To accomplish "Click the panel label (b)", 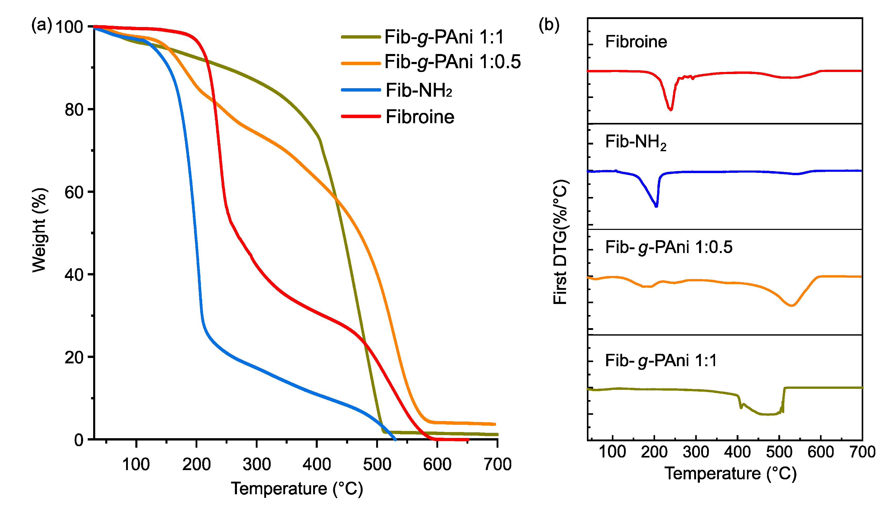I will point(549,25).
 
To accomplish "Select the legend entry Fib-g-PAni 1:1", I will point(444,37).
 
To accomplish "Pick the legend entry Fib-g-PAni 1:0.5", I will point(452,62).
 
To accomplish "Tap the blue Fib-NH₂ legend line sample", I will point(360,90).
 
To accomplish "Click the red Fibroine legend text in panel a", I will point(420,117).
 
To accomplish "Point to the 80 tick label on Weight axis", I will point(74,110).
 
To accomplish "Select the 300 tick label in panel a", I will point(257,464).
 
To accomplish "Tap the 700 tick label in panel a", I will point(497,464).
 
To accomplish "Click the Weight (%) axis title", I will point(39,230).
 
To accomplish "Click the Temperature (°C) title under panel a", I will point(297,489).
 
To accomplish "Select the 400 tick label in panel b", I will point(737,452).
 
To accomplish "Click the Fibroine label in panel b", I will point(636,42).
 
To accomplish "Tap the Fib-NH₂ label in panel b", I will point(635,142).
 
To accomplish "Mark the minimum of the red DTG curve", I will point(671,109).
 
